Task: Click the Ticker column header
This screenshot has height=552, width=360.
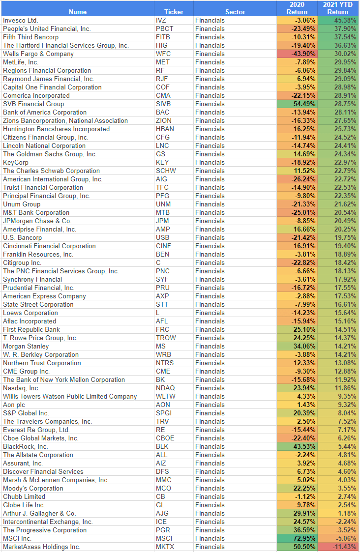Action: (x=174, y=12)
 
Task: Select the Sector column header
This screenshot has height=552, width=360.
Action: (x=235, y=12)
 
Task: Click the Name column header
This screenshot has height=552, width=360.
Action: (x=78, y=12)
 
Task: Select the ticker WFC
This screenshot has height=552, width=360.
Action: (x=163, y=54)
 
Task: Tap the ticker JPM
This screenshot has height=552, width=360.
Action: (x=162, y=221)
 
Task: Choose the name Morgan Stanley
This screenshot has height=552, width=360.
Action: (x=25, y=346)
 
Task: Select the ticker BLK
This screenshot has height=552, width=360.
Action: (x=162, y=446)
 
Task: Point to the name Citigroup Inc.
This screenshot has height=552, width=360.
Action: (x=22, y=262)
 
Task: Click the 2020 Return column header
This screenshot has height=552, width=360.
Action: (x=297, y=8)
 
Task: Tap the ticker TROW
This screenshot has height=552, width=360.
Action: (x=166, y=338)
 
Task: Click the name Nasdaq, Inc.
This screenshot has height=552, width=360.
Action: (x=21, y=388)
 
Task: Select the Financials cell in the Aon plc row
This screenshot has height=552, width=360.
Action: (x=210, y=405)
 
